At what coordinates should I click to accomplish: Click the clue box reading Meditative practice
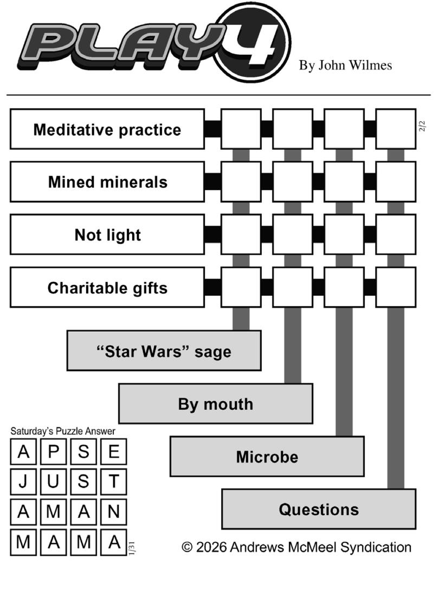[107, 129]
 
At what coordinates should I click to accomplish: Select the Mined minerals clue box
[107, 182]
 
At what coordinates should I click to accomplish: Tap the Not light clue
[107, 235]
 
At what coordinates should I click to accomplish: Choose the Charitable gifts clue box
[107, 287]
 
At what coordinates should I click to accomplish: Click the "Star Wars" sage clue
[164, 351]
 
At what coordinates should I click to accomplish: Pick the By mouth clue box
[216, 403]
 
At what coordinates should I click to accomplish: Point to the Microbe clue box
[267, 456]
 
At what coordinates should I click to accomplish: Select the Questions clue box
[319, 509]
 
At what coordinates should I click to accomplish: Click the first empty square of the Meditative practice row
[241, 129]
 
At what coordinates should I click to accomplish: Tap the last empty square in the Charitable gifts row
[396, 287]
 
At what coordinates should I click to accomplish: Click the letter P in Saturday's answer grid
[53, 452]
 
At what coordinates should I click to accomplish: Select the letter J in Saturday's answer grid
[23, 482]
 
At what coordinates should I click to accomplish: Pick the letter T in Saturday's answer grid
[113, 482]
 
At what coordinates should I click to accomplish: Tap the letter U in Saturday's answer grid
[53, 482]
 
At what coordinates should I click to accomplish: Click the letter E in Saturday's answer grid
[113, 452]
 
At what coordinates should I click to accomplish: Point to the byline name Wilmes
[371, 66]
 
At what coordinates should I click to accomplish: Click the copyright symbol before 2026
[187, 547]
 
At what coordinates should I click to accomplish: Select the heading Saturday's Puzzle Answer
[63, 431]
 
